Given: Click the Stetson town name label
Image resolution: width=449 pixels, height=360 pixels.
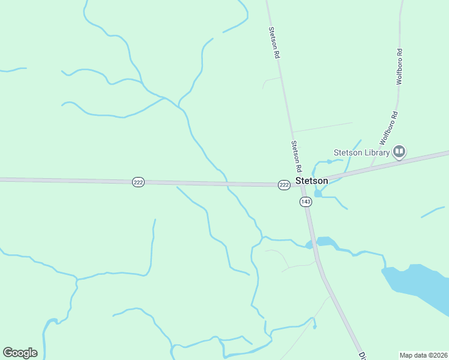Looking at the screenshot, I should point(312,181).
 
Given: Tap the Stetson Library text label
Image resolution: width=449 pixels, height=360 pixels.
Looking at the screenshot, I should point(362,152).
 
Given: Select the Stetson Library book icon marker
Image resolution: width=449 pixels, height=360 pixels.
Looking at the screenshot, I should point(399,151).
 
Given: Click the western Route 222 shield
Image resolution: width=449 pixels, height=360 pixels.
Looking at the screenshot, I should point(138,182).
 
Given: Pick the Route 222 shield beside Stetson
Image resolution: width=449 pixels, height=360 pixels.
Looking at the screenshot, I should point(284,185).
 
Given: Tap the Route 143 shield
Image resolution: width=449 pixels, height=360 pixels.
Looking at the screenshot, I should point(306,202).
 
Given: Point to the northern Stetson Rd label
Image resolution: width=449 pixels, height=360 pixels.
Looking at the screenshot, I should point(274,42).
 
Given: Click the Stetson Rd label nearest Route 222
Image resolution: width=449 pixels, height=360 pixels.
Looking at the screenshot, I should point(296,155).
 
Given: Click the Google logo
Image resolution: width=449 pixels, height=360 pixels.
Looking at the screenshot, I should point(20,352).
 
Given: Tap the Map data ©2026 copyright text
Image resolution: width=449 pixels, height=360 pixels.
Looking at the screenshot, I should point(423,355).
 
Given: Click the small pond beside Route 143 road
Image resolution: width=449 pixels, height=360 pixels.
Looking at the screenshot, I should point(324,241).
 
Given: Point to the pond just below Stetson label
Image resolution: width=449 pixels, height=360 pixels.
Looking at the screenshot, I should point(318,194).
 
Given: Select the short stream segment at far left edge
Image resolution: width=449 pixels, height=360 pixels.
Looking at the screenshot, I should point(12,70).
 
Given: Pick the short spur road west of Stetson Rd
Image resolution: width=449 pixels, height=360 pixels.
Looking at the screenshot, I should point(270,80).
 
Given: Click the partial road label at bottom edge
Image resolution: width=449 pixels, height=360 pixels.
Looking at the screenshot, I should point(363,355).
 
